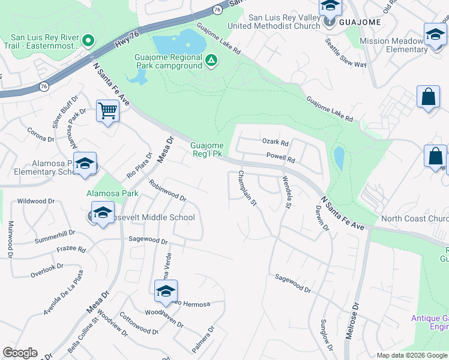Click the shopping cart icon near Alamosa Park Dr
107,111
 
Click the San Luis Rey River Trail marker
88,41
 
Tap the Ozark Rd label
276,143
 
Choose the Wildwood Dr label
36,201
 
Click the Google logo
20,353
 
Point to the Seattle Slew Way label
345,53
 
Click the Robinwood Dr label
167,190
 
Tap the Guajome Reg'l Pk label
207,149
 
